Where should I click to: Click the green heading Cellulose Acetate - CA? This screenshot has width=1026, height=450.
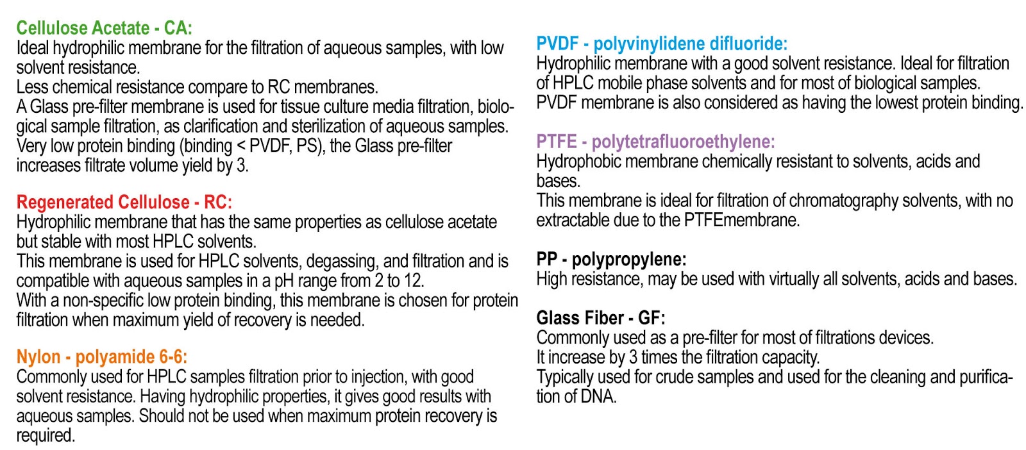pyautogui.click(x=105, y=28)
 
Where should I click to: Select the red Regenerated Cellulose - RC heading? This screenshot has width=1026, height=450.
pyautogui.click(x=124, y=203)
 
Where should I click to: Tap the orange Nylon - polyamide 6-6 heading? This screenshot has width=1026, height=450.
pyautogui.click(x=102, y=357)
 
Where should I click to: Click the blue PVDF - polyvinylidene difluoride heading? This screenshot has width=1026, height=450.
pyautogui.click(x=662, y=44)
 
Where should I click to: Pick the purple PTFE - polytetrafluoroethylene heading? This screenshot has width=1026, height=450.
pyautogui.click(x=655, y=142)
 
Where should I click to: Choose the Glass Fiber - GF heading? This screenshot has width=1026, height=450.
pyautogui.click(x=600, y=318)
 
